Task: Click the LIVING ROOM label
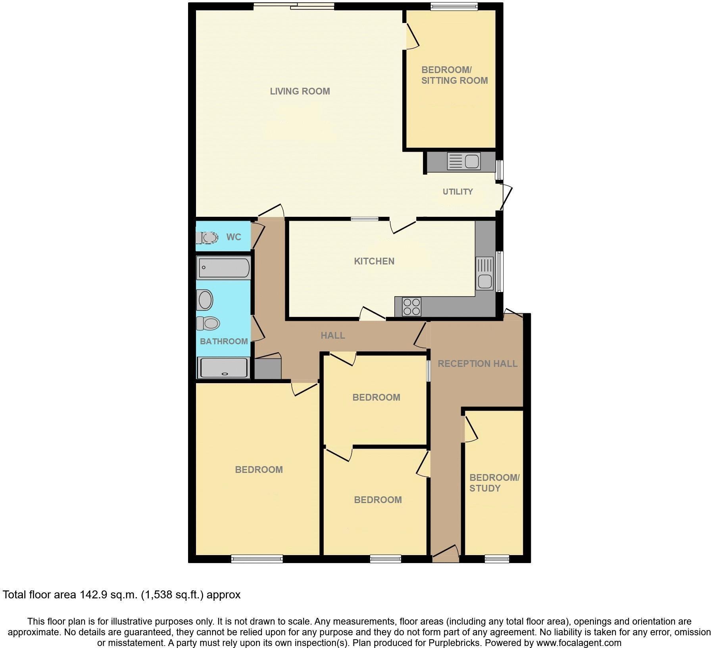point(300,91)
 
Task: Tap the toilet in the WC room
point(208,238)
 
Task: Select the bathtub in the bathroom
point(223,268)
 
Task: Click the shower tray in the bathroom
point(225,368)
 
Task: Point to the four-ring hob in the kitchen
point(411,307)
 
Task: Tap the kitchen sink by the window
point(484,274)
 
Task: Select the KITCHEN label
point(374,261)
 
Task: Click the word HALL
point(332,336)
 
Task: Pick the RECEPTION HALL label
point(477,364)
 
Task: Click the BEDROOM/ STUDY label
point(494,483)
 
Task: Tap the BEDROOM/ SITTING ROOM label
point(454,75)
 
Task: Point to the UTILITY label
point(457,192)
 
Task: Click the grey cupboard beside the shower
point(267,369)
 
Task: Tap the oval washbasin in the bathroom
point(206,300)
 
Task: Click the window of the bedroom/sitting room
point(454,6)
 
